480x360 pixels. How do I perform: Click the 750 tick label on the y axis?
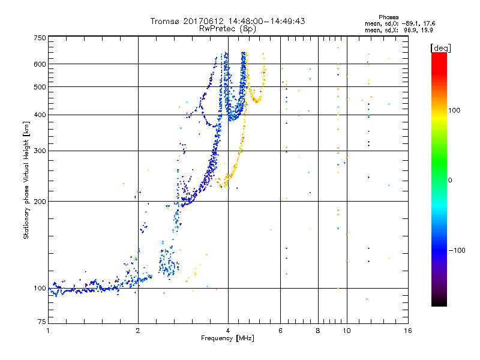[x=40, y=37]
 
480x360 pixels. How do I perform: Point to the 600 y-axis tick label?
[x=40, y=64]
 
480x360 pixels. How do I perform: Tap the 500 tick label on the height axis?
[x=40, y=86]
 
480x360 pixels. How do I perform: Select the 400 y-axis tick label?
[x=40, y=115]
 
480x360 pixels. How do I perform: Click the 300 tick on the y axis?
[x=40, y=151]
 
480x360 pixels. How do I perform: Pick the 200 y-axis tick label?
[x=40, y=201]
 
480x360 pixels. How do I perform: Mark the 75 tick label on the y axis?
[x=41, y=322]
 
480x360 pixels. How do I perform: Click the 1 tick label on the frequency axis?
[x=48, y=331]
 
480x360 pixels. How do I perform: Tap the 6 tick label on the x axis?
[x=280, y=331]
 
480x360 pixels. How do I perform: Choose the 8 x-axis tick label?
[x=318, y=331]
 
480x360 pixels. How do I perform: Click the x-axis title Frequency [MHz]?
[x=227, y=339]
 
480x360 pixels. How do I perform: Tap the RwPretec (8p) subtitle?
[x=227, y=28]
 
